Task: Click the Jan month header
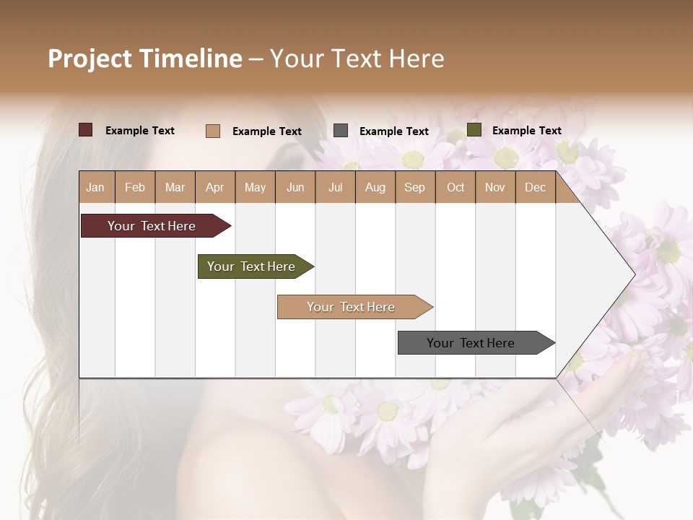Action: point(95,188)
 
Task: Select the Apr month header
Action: point(215,188)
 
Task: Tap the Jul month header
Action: point(335,188)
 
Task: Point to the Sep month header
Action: point(414,188)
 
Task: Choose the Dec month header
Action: point(535,188)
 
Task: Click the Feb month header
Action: point(135,188)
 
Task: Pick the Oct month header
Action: point(456,188)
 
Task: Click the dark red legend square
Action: point(86,130)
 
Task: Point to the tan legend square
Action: point(213,131)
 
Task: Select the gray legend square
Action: point(341,131)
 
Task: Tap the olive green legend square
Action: point(474,130)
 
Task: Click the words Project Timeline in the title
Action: point(145,58)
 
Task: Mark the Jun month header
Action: point(295,188)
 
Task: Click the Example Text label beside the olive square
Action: point(526,131)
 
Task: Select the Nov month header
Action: point(495,188)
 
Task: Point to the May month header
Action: point(255,188)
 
